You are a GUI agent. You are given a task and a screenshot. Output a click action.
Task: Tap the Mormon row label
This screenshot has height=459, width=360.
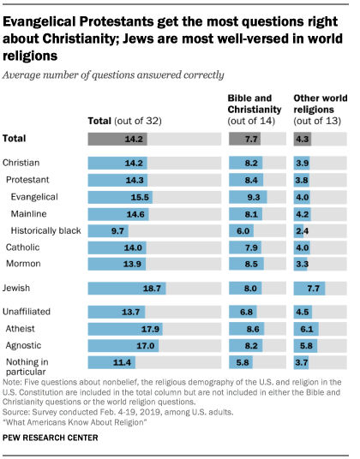tap(24, 265)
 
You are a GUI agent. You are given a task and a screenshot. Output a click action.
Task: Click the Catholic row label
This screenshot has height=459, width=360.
tap(25, 247)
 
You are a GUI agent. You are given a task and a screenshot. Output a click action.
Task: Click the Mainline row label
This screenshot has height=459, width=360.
tap(28, 213)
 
